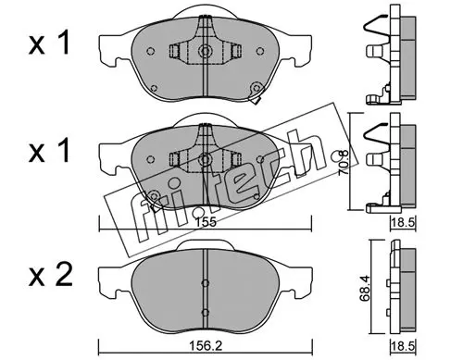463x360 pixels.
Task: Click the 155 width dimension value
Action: (x=206, y=222)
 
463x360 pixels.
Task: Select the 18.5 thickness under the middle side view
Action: (x=403, y=222)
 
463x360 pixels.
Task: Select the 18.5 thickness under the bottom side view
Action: (x=403, y=346)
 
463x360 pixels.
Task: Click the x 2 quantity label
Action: (x=50, y=274)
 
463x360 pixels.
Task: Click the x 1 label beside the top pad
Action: (x=49, y=43)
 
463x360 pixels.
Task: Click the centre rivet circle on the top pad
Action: (x=205, y=50)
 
